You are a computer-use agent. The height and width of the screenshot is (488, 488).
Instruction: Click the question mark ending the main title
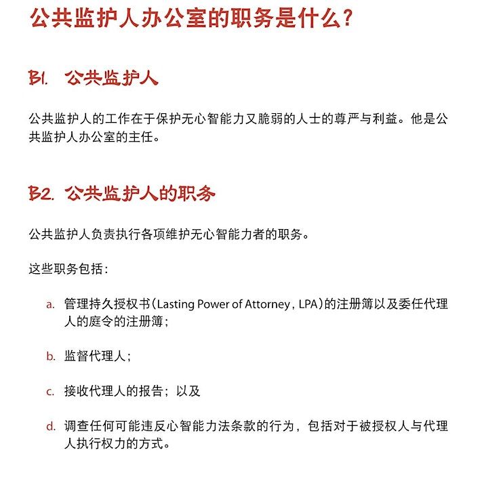pyautogui.click(x=346, y=18)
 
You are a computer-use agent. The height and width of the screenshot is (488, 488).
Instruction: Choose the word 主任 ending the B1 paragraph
pyautogui.click(x=144, y=138)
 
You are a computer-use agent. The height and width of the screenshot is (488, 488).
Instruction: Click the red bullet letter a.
pyautogui.click(x=50, y=304)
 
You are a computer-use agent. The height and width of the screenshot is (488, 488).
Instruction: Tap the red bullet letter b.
pyautogui.click(x=50, y=356)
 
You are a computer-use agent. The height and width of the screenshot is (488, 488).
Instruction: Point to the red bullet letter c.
pyautogui.click(x=50, y=392)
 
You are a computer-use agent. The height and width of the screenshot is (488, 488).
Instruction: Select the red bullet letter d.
pyautogui.click(x=50, y=427)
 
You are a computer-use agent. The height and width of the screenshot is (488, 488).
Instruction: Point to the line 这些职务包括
pyautogui.click(x=68, y=268)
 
